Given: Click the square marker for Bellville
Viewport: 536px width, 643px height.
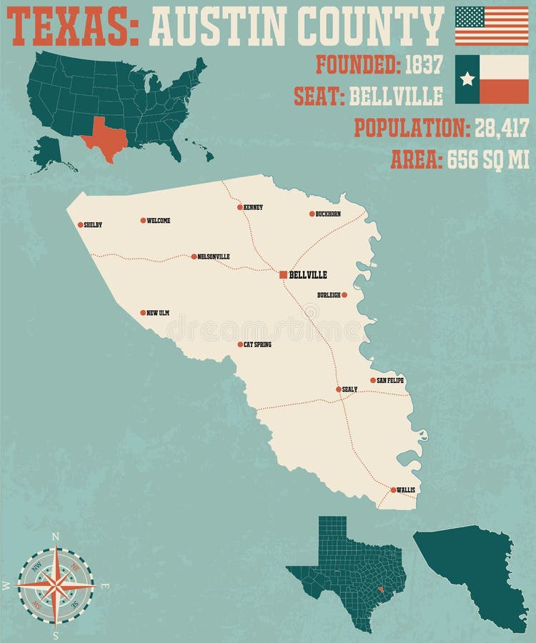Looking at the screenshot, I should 284,274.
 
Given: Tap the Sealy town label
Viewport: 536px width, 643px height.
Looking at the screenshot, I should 349,389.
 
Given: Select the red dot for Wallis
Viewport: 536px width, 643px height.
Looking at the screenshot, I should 393,490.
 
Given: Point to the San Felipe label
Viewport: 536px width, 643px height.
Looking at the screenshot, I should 390,381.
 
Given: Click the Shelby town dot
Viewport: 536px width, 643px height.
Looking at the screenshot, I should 79,224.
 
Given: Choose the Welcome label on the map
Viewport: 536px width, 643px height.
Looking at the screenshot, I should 158,221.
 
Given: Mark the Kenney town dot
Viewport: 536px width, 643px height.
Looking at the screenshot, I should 240,207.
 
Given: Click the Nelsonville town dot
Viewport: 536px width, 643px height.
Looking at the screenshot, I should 194,256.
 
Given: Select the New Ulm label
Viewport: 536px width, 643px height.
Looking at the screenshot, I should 158,313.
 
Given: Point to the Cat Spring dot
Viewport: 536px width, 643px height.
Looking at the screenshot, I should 240,344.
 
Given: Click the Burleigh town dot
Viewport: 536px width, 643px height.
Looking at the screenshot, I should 344,294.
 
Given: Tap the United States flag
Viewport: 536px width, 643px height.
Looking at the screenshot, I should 492,26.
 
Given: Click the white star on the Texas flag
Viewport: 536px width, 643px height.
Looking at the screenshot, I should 467,79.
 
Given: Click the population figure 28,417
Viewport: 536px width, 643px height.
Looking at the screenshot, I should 500,128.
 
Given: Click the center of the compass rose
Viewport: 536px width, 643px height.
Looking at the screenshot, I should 56,585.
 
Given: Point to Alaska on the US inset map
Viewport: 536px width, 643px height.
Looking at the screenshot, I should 49,153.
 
